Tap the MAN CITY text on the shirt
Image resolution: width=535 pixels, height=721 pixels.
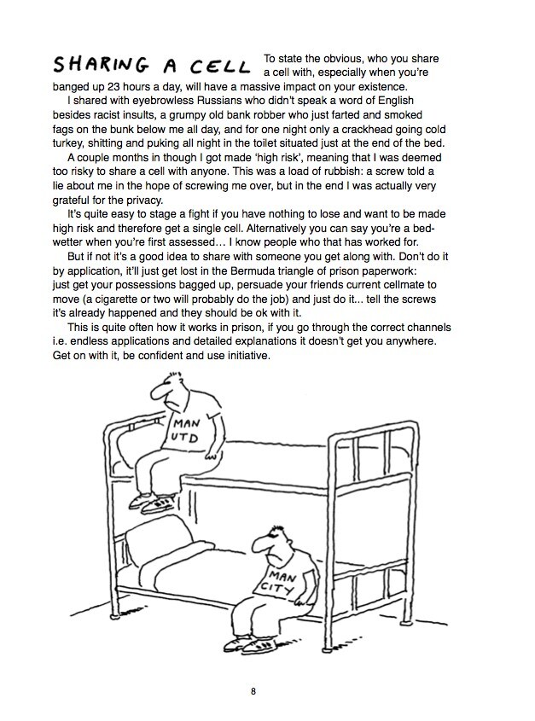point(279,581)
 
